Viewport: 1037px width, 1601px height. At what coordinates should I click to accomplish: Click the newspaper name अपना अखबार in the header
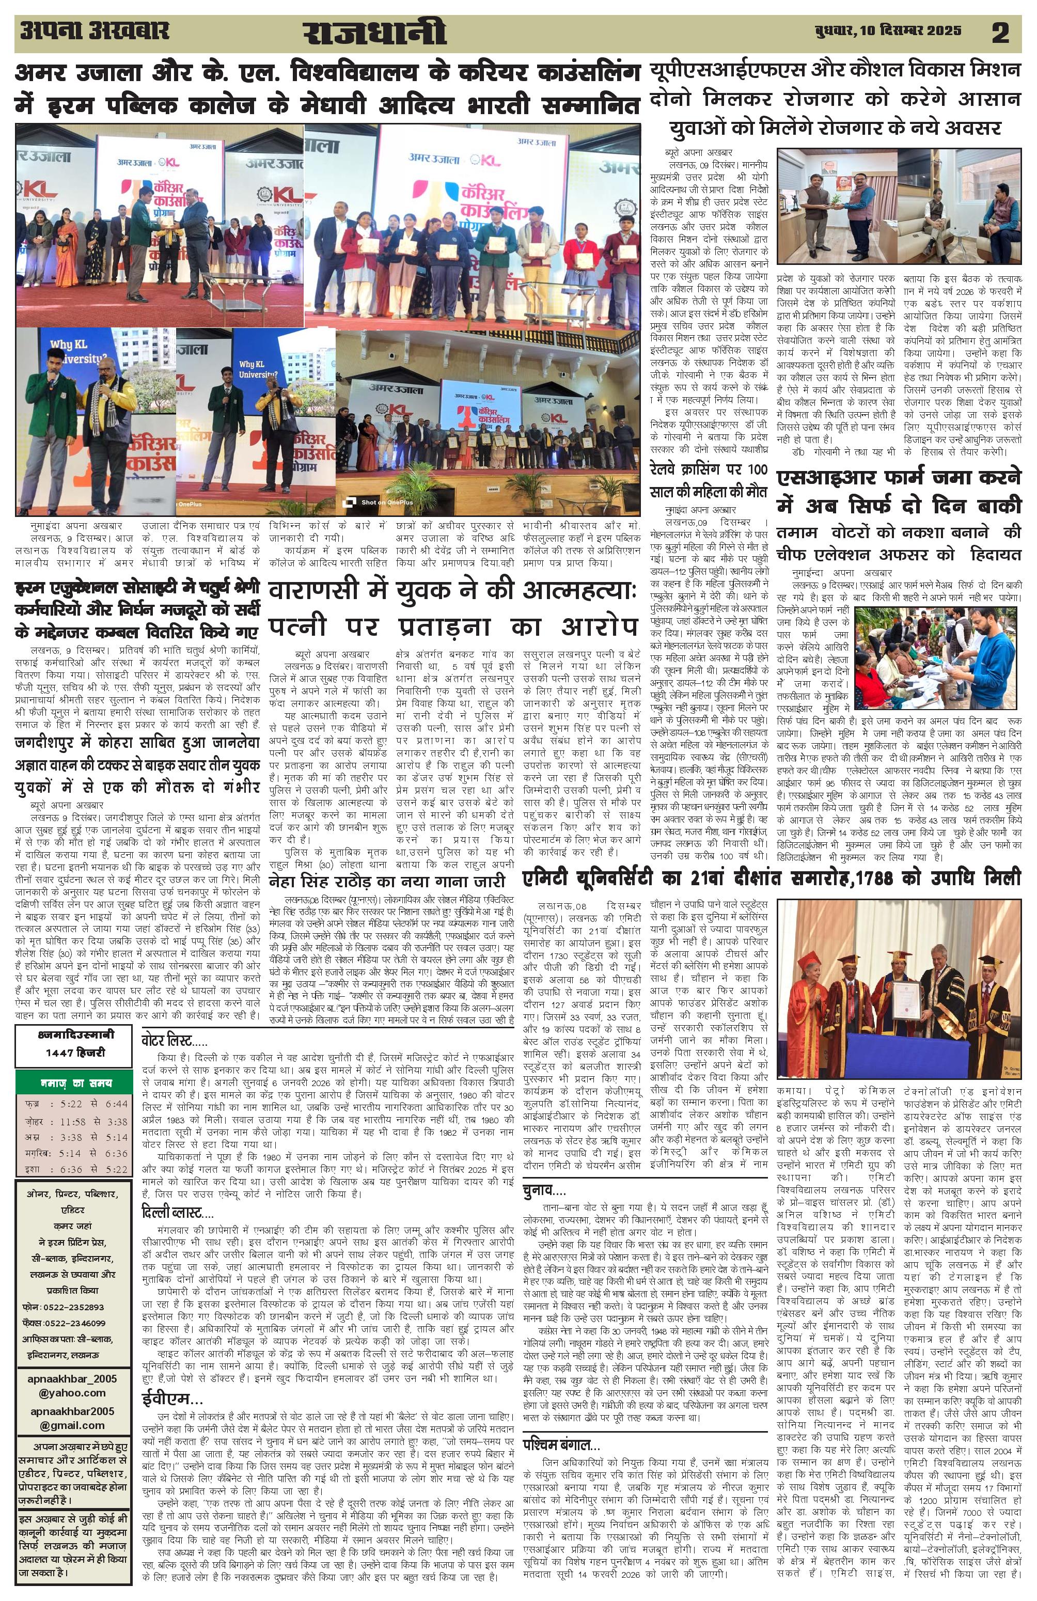tap(95, 31)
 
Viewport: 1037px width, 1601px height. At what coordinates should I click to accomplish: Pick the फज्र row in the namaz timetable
tap(74, 1104)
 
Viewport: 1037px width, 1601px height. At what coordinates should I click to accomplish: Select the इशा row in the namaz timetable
tap(74, 1169)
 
